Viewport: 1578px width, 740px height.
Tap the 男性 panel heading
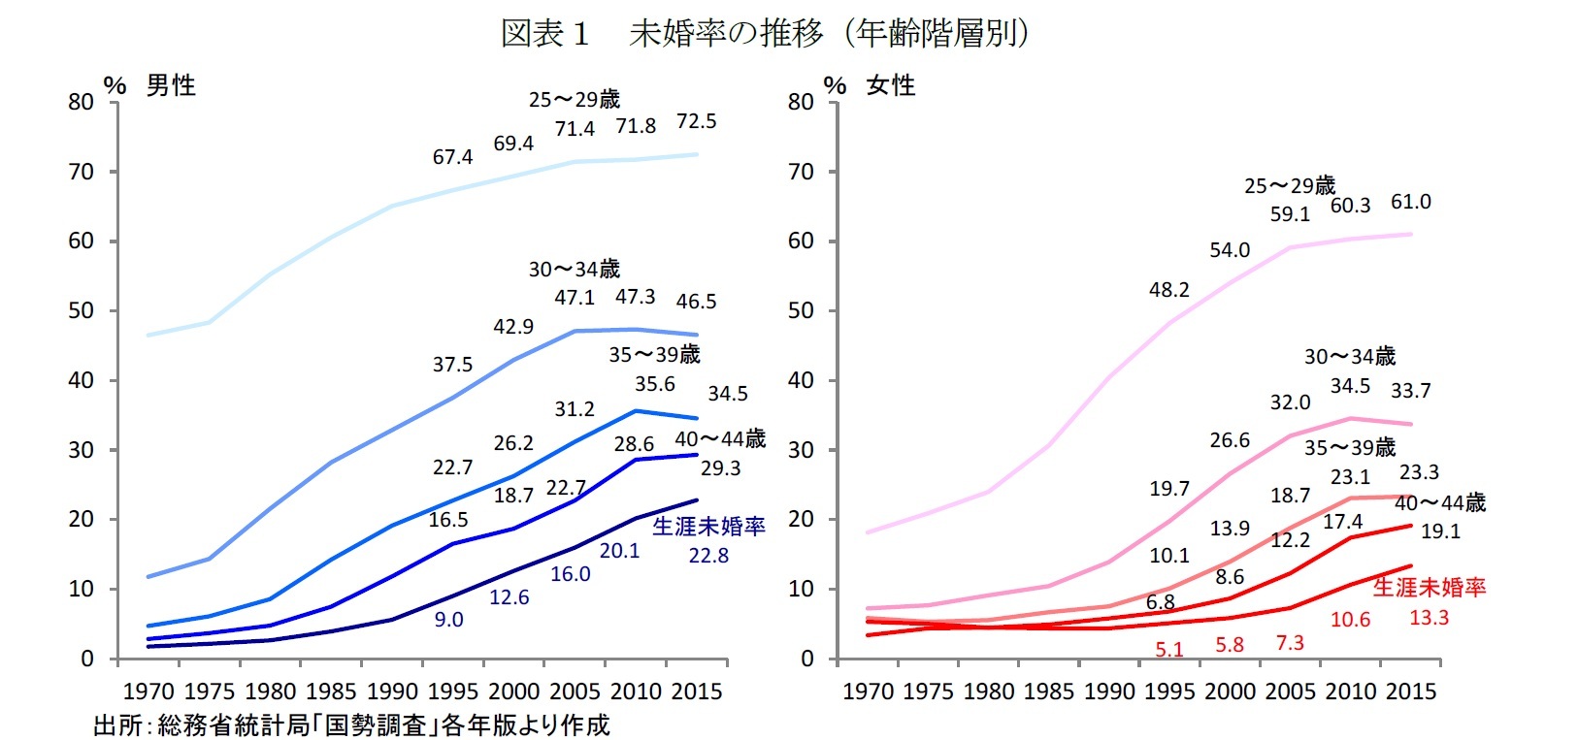(171, 85)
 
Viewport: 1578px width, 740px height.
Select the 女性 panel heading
(891, 85)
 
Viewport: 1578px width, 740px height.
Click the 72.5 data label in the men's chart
(696, 121)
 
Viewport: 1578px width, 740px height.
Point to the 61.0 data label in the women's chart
(1410, 202)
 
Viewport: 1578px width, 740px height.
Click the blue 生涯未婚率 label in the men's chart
(708, 527)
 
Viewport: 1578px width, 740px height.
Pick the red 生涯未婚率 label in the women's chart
(1429, 587)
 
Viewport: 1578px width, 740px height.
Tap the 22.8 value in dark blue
(708, 556)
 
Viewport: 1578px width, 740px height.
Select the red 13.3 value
(1429, 618)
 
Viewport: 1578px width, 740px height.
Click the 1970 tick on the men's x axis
(148, 692)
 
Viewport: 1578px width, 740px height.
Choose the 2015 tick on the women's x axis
(1410, 692)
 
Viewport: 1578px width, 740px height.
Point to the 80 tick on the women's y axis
(801, 103)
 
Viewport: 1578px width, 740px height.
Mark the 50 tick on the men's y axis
(81, 311)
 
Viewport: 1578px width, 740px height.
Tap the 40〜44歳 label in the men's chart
(720, 439)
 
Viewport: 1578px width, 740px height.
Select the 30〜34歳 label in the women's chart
(1349, 356)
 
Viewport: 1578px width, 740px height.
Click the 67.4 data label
(452, 157)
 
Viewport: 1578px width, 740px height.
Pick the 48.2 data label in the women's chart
(1168, 290)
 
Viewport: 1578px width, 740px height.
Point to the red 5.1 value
(1168, 649)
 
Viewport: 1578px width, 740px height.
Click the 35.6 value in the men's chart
(655, 384)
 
